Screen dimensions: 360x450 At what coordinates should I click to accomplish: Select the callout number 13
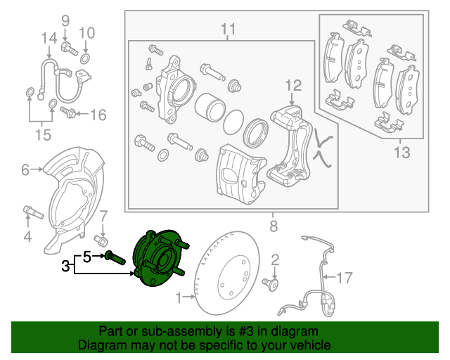click(x=400, y=152)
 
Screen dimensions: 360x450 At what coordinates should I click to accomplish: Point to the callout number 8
click(x=274, y=226)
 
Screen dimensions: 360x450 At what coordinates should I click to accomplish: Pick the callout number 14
click(x=48, y=37)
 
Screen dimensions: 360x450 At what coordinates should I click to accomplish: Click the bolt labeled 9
click(x=67, y=48)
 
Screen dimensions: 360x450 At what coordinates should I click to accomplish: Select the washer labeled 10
click(x=85, y=57)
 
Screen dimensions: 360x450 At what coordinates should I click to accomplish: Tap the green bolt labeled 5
click(x=117, y=257)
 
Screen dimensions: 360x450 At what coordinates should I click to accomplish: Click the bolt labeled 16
click(x=69, y=112)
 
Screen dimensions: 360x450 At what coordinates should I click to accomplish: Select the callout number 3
click(x=65, y=266)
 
